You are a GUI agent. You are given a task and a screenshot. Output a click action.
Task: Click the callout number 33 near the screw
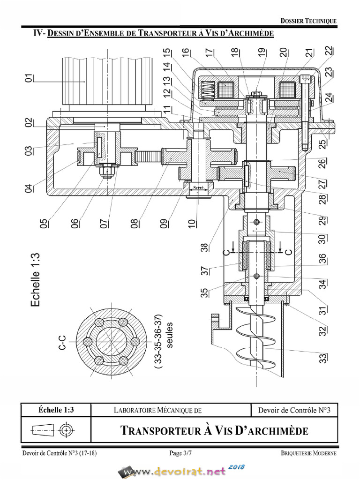pyautogui.click(x=323, y=358)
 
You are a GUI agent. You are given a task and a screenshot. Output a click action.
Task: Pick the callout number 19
pyautogui.click(x=261, y=53)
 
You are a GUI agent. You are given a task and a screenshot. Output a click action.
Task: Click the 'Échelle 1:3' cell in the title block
pyautogui.click(x=55, y=410)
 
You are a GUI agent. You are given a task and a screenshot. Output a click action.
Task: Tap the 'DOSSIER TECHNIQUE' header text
pyautogui.click(x=308, y=21)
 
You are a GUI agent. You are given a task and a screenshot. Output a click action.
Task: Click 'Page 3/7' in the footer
pyautogui.click(x=180, y=453)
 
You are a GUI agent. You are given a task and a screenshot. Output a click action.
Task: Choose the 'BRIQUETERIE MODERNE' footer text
pyautogui.click(x=308, y=453)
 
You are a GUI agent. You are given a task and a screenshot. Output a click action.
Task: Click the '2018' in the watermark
pyautogui.click(x=238, y=467)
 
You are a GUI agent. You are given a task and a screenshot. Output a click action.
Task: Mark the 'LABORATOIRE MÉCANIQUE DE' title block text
pyautogui.click(x=157, y=410)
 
